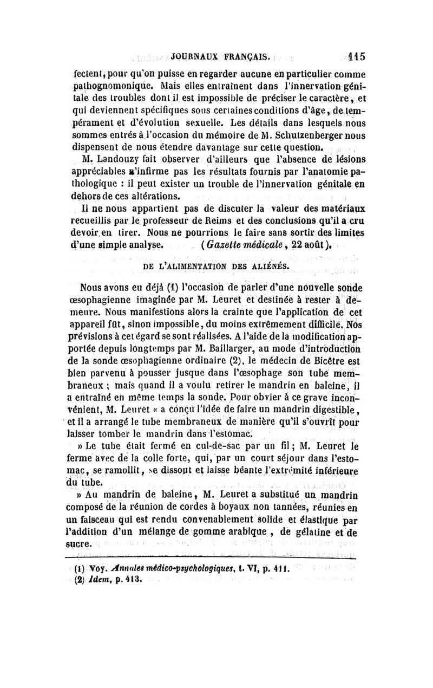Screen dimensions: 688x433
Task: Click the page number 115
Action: [357, 55]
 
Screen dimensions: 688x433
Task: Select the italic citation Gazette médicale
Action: [244, 244]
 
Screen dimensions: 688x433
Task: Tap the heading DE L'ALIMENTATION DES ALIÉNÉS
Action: [215, 267]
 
